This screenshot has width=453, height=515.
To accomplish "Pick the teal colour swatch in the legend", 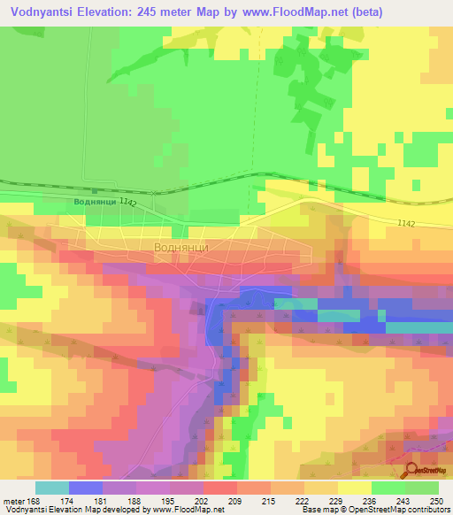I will pyautogui.click(x=52, y=487).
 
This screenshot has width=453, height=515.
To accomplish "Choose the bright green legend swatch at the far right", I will pyautogui.click(x=422, y=487).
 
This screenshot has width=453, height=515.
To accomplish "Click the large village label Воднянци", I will pyautogui.click(x=181, y=248).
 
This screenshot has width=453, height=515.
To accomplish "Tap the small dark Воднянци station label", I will pyautogui.click(x=93, y=202).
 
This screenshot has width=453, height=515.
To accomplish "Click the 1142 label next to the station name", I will pyautogui.click(x=127, y=204).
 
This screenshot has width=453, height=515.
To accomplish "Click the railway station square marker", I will pyautogui.click(x=93, y=190).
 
